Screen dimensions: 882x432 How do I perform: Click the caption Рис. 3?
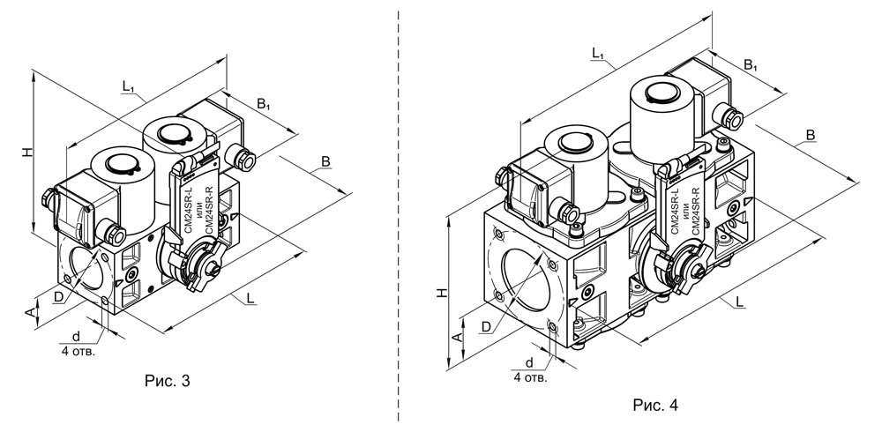167,381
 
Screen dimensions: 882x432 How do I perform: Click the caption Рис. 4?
655,405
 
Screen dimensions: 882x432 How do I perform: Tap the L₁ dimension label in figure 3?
129,86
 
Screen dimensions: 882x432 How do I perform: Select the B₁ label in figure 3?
264,104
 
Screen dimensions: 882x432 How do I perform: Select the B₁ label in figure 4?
751,65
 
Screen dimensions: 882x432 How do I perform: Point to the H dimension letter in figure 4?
443,293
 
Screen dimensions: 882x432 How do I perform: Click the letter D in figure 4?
487,327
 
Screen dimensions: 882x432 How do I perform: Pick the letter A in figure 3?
32,312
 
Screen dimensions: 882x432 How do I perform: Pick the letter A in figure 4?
458,337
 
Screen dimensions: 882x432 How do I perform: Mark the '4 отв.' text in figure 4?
530,377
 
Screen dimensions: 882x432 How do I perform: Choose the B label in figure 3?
325,161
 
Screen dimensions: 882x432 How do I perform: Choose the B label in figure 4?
811,135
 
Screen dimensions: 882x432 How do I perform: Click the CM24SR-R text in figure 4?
694,212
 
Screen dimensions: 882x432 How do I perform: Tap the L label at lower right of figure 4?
740,302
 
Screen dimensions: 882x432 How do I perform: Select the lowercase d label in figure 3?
76,337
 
